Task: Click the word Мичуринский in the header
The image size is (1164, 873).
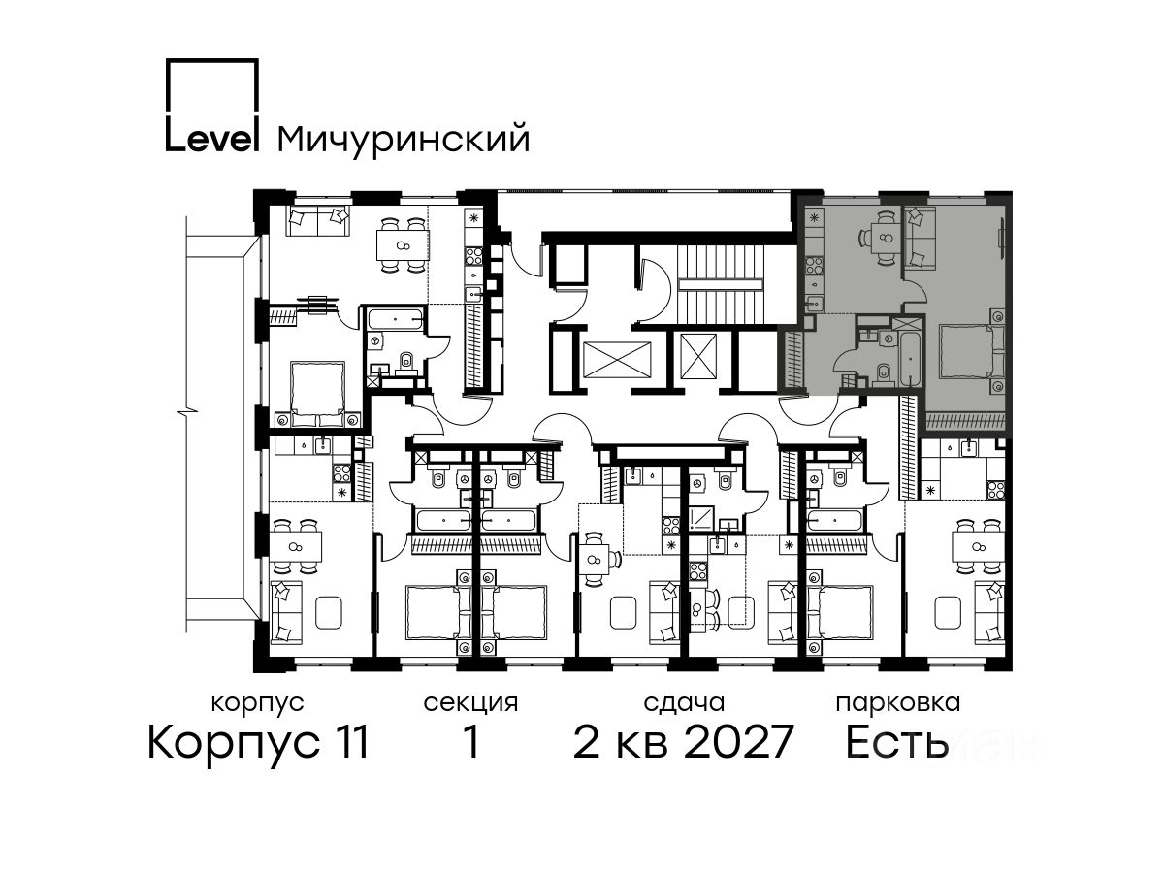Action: [x=404, y=140]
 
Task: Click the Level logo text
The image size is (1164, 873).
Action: [x=211, y=138]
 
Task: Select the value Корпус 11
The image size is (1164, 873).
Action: [x=258, y=743]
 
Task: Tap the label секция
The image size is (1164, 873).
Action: [x=470, y=704]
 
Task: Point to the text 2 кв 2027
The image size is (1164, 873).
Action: [x=683, y=742]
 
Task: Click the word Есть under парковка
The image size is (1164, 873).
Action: [x=896, y=742]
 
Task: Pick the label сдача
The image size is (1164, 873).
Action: [x=684, y=704]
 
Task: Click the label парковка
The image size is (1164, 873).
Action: [x=898, y=703]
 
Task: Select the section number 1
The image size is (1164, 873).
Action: [x=471, y=743]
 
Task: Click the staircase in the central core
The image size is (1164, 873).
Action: [x=720, y=284]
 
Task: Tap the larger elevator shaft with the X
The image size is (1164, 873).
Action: [x=616, y=360]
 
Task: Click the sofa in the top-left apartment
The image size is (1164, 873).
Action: [x=318, y=221]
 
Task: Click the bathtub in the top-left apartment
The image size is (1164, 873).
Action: [x=395, y=320]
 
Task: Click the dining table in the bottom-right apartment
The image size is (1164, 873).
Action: [x=978, y=546]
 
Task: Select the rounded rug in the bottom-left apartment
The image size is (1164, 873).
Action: [x=329, y=612]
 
